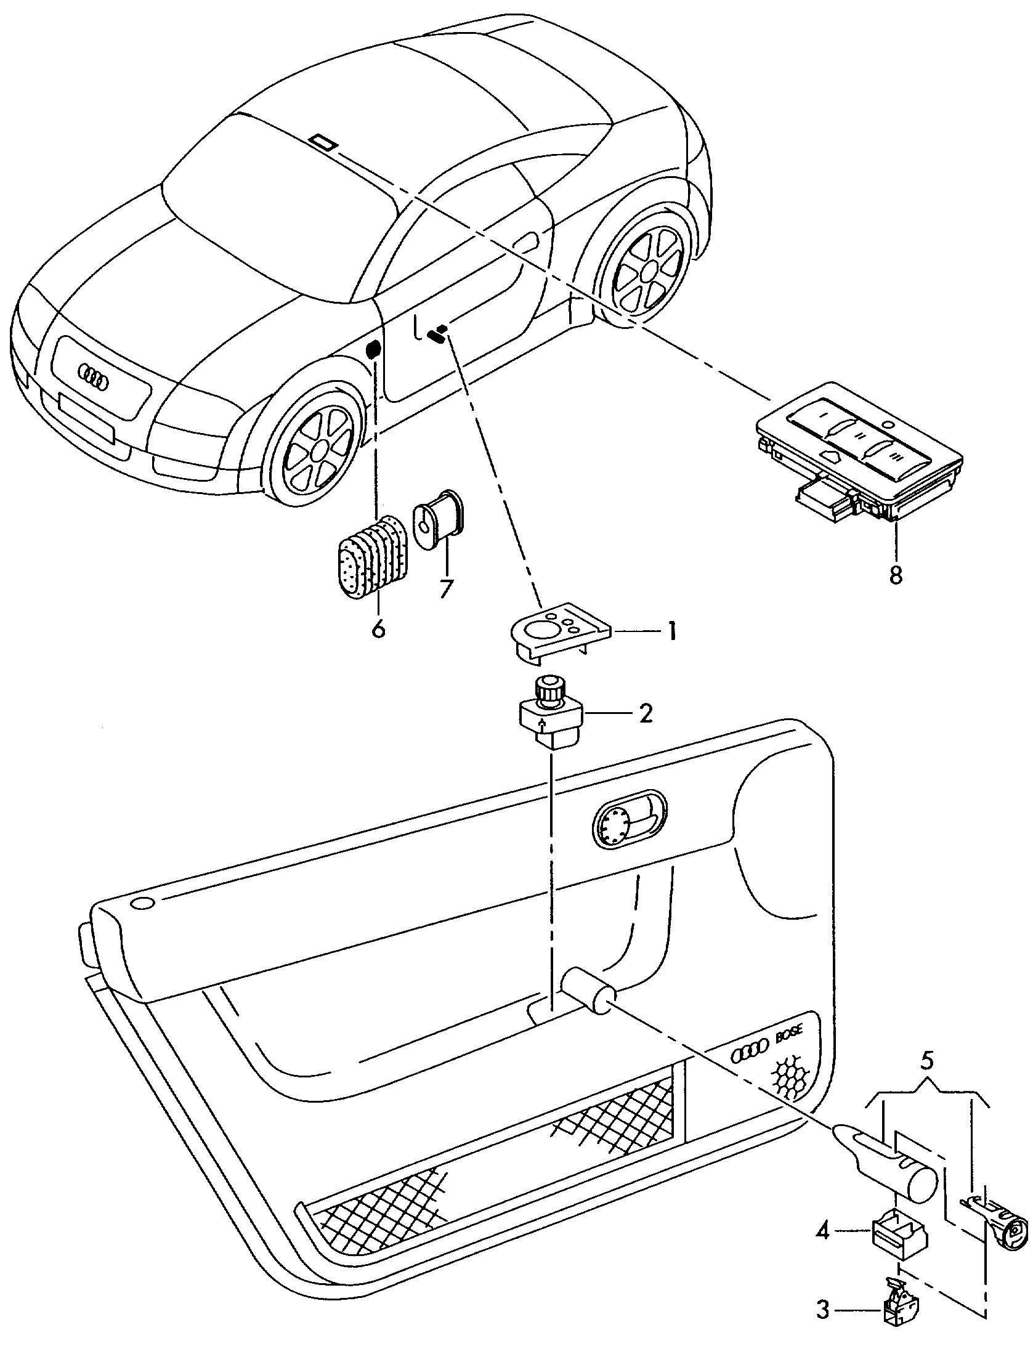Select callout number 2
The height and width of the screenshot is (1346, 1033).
click(x=645, y=713)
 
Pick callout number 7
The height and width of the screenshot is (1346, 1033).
click(x=445, y=588)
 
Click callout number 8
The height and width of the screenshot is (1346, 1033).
click(x=895, y=574)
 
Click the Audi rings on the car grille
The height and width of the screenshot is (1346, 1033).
click(x=93, y=376)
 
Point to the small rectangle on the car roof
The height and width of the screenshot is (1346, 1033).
click(x=323, y=142)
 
